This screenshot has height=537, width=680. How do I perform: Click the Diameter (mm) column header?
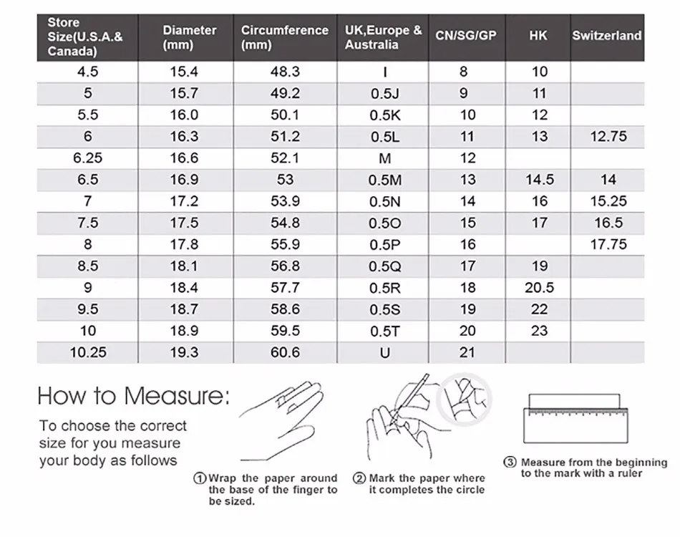pos(190,37)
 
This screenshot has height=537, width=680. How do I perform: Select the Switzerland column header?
pos(607,35)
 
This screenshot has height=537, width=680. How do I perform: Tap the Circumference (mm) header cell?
pos(284,37)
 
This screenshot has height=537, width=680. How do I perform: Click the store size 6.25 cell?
pos(88,158)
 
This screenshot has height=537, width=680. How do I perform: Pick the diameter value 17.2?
pos(184,201)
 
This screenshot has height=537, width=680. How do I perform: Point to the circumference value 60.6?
pos(285,352)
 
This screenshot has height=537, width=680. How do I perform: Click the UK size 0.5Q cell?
pos(385,266)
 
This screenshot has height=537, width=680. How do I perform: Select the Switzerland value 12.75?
pos(608,137)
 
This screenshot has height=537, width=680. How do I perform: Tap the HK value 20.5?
pos(539,288)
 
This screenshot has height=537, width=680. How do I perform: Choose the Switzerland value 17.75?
pos(608,245)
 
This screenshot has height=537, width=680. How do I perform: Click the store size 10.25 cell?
pos(88,352)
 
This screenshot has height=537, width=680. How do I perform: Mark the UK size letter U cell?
pos(385,352)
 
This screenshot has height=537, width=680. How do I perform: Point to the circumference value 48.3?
pos(285,72)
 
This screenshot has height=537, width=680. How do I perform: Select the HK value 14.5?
pos(539,180)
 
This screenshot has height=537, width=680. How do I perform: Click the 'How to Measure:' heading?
pos(134,395)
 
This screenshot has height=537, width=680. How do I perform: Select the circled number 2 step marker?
pos(359,478)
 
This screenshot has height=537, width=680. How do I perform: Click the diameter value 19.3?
pos(184,352)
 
